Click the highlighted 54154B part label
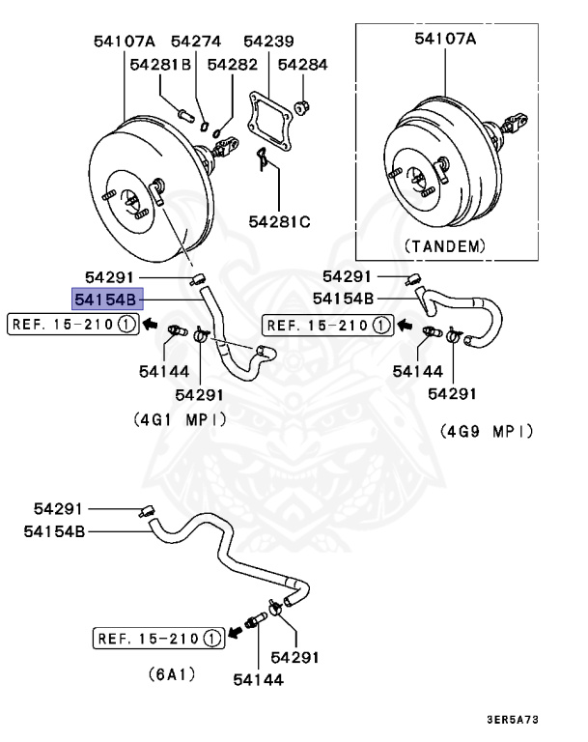coord(107,300)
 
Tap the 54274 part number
coord(196,41)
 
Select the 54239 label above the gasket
coord(268,41)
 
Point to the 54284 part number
coord(303,65)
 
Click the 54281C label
coord(278,222)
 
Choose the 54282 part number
coord(232,65)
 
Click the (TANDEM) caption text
coord(443,245)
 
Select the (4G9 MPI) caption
coord(487,431)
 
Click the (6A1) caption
coord(171,673)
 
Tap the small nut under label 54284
coord(300,102)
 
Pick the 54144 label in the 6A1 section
coord(258,679)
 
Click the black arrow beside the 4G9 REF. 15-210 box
coord(404,326)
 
